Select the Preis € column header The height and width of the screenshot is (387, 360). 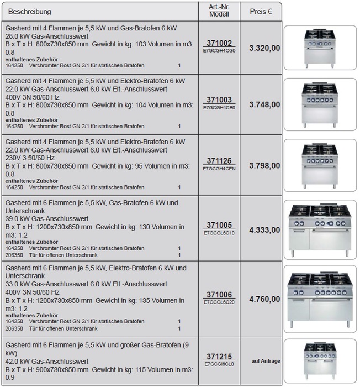pos(261,11)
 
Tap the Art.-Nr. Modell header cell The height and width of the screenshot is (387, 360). pos(219,11)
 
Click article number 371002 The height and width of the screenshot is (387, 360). pos(219,43)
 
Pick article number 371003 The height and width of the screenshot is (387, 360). pos(219,100)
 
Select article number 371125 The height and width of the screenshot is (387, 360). pos(219,161)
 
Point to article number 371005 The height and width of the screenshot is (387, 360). pos(219,226)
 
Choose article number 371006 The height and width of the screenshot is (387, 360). pos(219,295)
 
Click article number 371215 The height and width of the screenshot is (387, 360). pos(219,357)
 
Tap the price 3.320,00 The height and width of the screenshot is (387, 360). pos(264,48)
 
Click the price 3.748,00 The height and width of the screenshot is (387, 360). pos(264,104)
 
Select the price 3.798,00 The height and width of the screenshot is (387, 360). pos(264,165)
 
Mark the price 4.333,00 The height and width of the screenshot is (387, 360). pos(264,230)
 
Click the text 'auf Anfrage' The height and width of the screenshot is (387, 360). pos(266,361)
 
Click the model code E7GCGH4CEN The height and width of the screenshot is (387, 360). pos(219,168)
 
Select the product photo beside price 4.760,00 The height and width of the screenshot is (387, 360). pos(320,299)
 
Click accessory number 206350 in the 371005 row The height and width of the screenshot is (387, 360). pos(14,255)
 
